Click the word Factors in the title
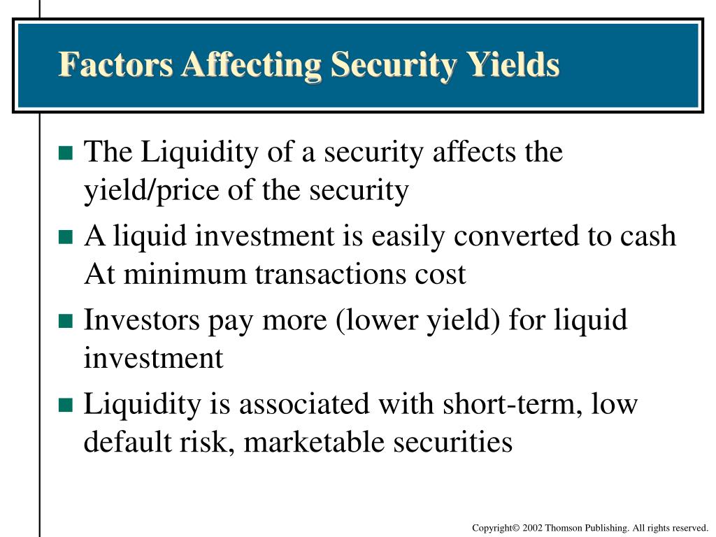[x=115, y=64]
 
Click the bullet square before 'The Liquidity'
[x=66, y=153]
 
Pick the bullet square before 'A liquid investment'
[x=66, y=237]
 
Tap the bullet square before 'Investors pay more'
[x=66, y=321]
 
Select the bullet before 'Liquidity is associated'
[x=66, y=405]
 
